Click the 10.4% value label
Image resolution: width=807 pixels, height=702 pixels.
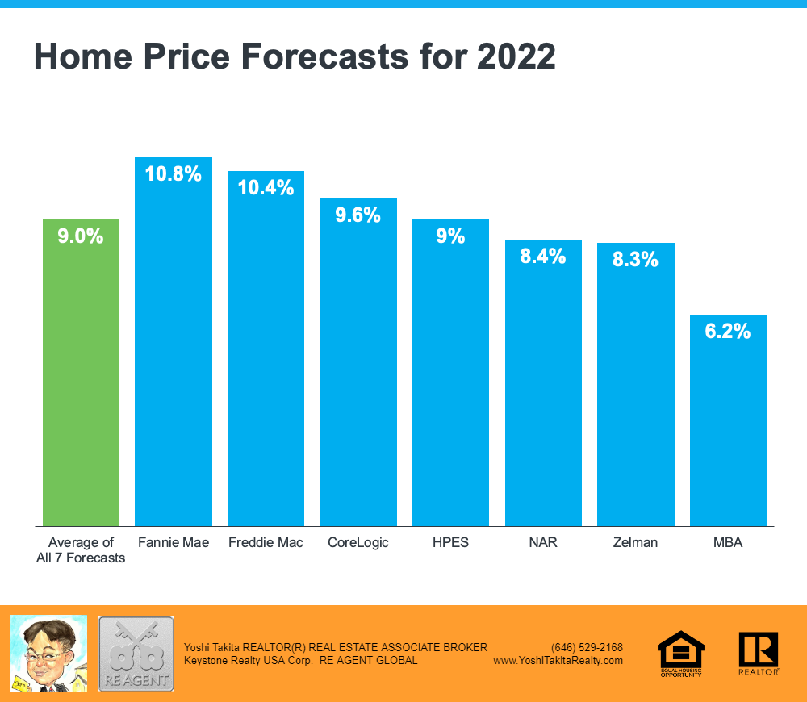point(266,188)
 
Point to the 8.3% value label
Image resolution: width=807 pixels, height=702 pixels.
point(635,260)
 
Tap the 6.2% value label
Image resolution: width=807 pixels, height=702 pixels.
point(728,331)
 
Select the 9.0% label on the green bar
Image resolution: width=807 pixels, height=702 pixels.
point(81,236)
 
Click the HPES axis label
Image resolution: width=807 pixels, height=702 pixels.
point(450,543)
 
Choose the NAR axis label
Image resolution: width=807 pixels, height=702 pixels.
point(543,543)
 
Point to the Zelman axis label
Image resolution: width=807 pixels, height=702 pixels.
point(635,543)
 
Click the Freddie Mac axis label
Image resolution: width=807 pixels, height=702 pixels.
point(266,543)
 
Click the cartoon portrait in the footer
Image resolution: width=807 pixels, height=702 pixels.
point(48,653)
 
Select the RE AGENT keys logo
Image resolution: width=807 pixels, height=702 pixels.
point(136,653)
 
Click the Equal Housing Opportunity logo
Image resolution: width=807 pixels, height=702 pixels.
point(681,653)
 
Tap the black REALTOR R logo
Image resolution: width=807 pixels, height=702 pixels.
point(758,652)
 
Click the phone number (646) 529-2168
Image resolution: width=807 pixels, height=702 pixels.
point(587,647)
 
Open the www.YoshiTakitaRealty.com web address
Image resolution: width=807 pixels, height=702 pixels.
point(558,660)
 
